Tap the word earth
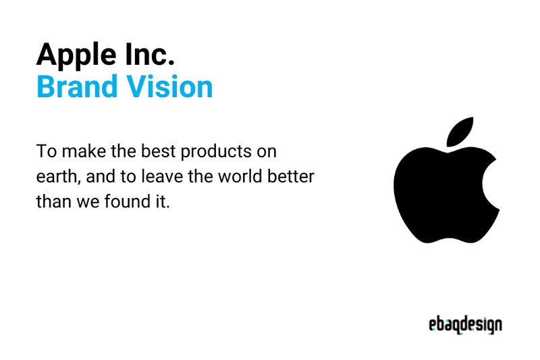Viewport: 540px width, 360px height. pyautogui.click(x=55, y=176)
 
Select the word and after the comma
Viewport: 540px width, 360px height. pyautogui.click(x=98, y=176)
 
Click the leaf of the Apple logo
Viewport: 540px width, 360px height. pyautogui.click(x=459, y=132)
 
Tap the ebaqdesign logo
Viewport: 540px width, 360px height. pyautogui.click(x=465, y=325)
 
